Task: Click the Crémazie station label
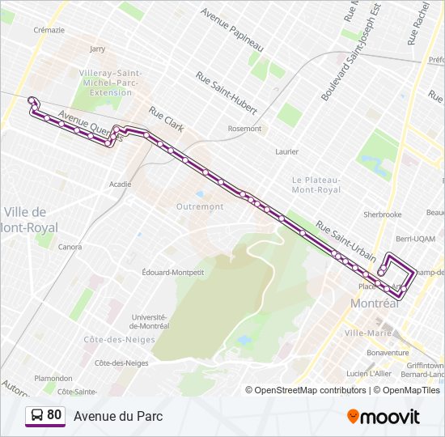49,29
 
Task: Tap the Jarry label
97,49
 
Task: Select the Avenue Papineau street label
233,29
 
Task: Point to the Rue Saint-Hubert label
227,92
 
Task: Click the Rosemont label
244,129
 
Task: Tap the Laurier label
286,151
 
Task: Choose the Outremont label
200,206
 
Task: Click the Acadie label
121,185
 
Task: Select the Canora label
70,247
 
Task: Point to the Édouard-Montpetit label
172,272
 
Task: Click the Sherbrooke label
383,214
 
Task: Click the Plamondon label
53,378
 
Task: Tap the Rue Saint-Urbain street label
345,240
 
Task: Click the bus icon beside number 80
37,415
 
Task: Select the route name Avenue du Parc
118,416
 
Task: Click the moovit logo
384,417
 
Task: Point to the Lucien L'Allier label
369,373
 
